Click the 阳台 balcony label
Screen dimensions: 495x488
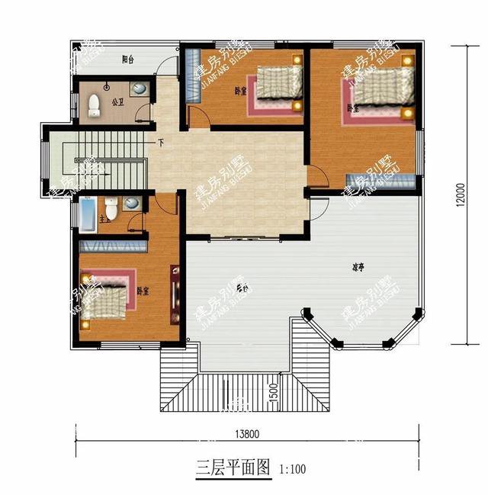click(128, 59)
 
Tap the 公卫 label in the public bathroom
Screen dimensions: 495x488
click(117, 100)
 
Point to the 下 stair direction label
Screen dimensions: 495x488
click(161, 143)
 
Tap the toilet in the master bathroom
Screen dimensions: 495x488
click(111, 207)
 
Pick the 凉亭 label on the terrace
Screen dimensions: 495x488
click(357, 267)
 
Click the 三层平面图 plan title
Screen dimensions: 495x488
click(233, 468)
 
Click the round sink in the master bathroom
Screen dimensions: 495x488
click(132, 204)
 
